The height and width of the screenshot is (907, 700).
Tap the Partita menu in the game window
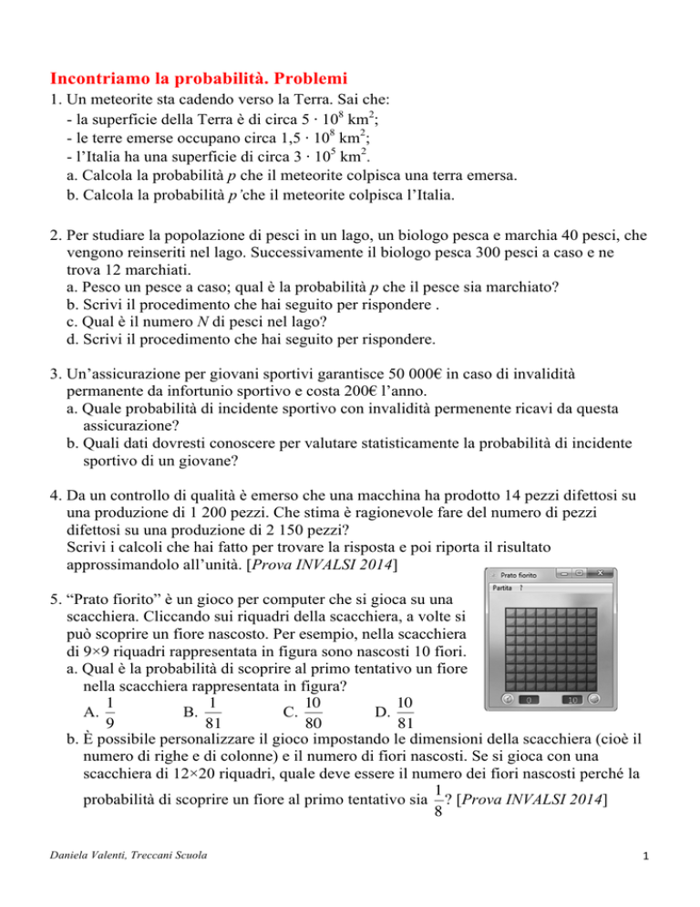pos(502,589)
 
